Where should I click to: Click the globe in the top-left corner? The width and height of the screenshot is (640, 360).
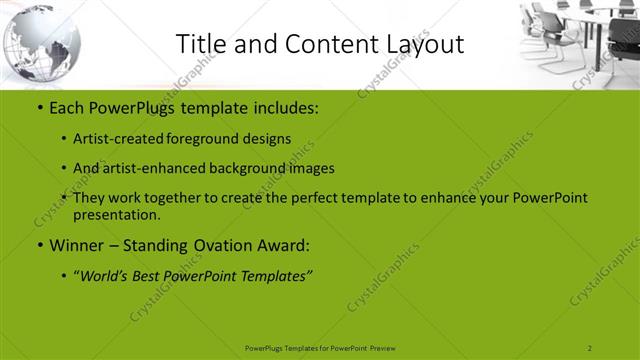click(40, 46)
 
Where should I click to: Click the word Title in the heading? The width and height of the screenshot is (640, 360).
click(200, 44)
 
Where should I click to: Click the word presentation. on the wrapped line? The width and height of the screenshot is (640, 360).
click(117, 214)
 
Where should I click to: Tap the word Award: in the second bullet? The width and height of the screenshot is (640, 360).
click(287, 245)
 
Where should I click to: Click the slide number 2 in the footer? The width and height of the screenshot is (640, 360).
click(590, 347)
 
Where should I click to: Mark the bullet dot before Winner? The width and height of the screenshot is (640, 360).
click(39, 245)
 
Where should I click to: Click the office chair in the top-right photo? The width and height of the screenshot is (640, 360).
click(541, 24)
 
